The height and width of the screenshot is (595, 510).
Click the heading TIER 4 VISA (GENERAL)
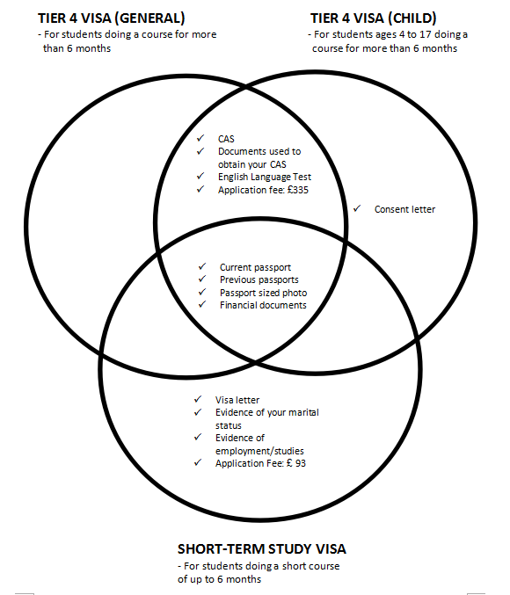[x=112, y=18]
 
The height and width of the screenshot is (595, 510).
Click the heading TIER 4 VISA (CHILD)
[x=374, y=18]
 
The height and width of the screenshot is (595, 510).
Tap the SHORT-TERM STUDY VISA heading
[x=262, y=549]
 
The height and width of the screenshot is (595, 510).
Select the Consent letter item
[x=404, y=209]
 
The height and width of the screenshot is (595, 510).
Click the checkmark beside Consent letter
[x=357, y=208]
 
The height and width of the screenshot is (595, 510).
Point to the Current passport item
[x=255, y=267]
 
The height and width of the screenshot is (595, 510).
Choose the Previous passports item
[x=259, y=279]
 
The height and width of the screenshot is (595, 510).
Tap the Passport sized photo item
[x=263, y=293]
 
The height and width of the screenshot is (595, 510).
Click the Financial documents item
[x=263, y=305]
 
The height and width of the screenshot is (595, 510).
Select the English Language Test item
[x=265, y=177]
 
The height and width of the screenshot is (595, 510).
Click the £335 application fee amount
[x=298, y=190]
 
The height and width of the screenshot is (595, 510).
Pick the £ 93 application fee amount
[x=296, y=463]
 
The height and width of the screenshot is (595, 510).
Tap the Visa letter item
[x=237, y=400]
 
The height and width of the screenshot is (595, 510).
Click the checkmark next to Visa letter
[x=198, y=399]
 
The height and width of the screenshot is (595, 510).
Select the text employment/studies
[x=259, y=451]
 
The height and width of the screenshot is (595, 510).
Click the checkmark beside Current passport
[x=202, y=266]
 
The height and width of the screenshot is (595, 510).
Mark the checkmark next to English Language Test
[x=200, y=176]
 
